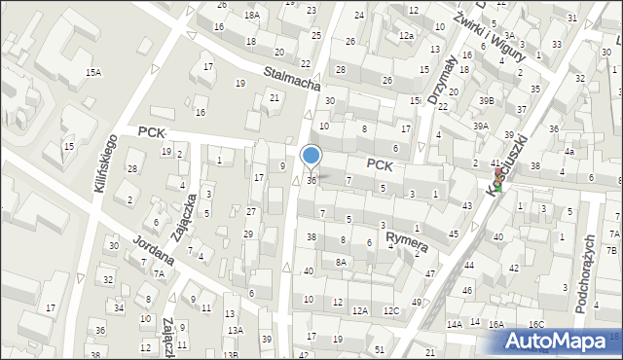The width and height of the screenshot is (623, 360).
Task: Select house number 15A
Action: [93, 73]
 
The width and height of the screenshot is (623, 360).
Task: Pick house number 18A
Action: [253, 16]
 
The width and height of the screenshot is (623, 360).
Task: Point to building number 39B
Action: [486, 101]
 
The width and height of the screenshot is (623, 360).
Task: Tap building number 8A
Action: [341, 262]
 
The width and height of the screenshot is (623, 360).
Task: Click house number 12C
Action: [390, 310]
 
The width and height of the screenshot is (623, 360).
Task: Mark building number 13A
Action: [235, 330]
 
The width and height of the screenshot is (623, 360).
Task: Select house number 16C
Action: [536, 324]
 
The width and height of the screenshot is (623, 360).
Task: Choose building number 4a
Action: [569, 152]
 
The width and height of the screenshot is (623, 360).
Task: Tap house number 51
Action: [380, 347]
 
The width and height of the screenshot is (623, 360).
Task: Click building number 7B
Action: [611, 251]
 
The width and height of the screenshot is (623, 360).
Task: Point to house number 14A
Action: [455, 324]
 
